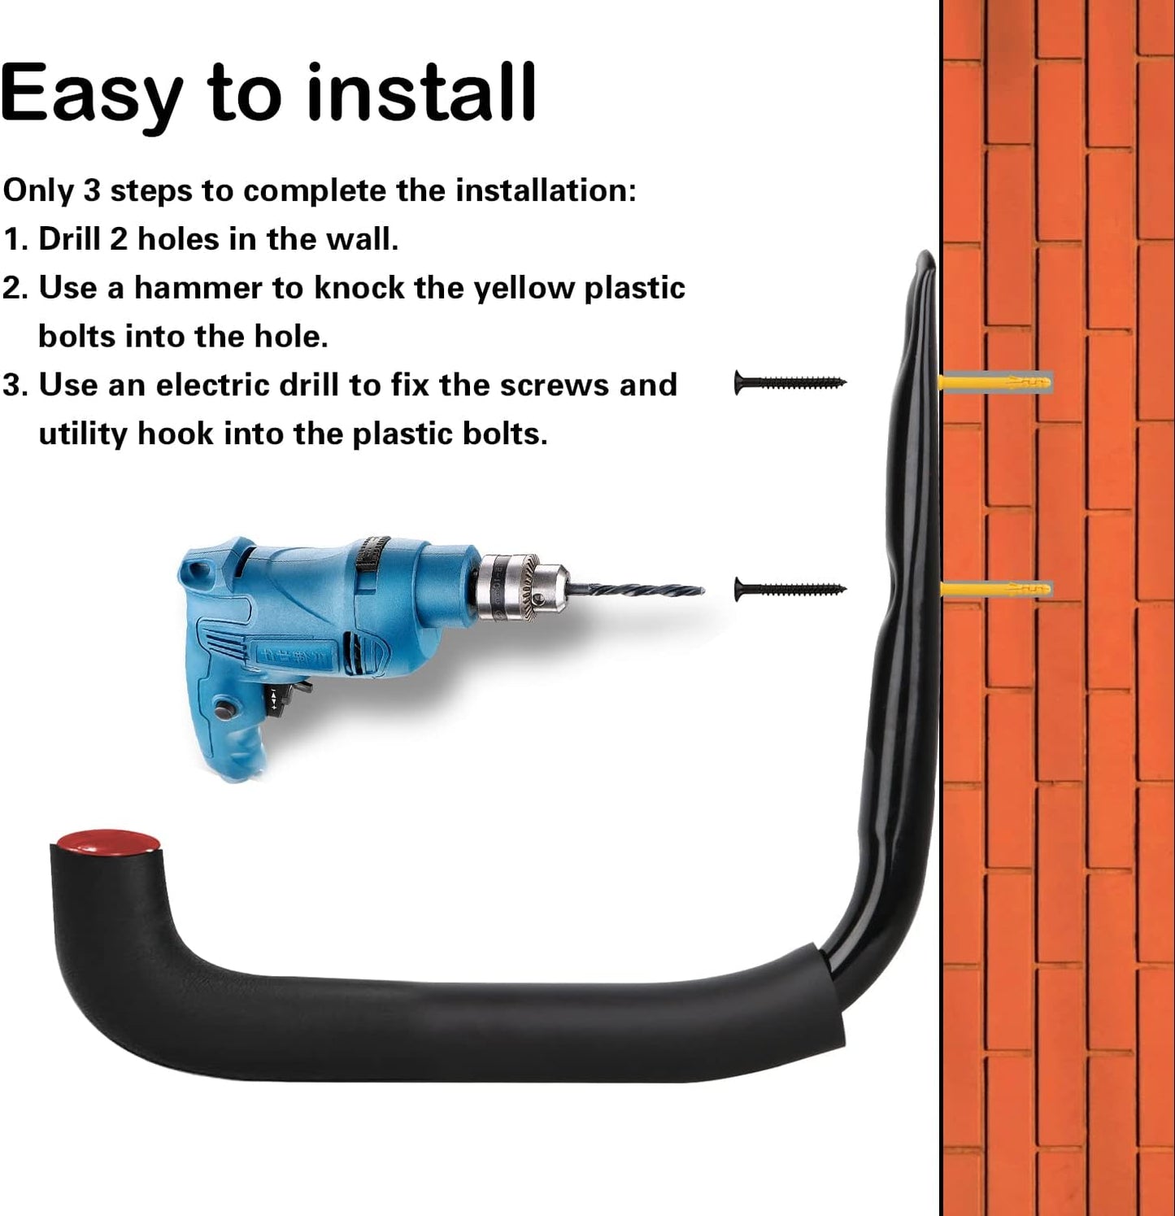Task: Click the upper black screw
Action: coord(790,382)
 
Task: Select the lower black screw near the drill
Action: coord(790,589)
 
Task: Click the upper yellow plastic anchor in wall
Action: coord(995,381)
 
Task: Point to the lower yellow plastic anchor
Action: coord(995,588)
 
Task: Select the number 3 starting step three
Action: coord(11,386)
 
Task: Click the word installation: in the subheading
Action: coord(546,190)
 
